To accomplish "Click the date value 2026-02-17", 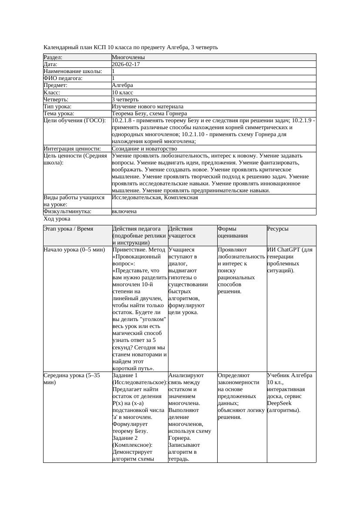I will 126,64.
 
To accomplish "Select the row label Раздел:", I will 53,57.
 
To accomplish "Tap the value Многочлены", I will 128,57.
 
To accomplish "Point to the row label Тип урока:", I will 57,107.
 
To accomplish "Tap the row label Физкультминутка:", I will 67,211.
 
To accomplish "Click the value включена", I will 124,211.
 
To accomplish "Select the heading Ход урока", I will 57,219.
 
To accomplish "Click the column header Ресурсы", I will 278,229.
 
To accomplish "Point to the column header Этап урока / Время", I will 68,229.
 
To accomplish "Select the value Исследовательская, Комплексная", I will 155,198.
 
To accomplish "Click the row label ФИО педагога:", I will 63,78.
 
